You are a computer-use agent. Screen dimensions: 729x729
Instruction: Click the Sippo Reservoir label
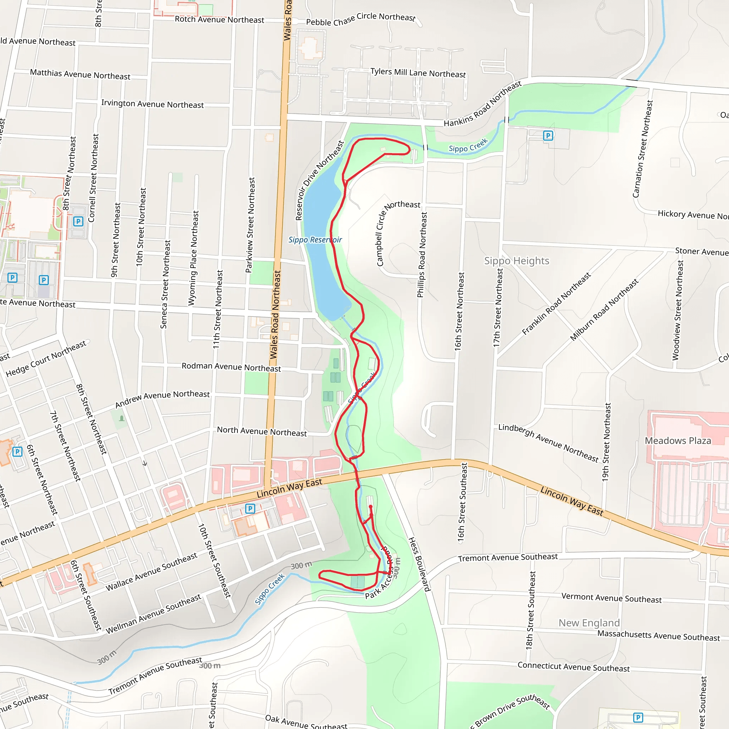tap(315, 240)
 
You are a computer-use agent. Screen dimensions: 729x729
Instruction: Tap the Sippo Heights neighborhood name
tap(516, 261)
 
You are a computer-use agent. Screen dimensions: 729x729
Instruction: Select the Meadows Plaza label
tap(678, 441)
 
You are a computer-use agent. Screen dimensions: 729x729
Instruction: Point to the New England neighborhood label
tap(589, 623)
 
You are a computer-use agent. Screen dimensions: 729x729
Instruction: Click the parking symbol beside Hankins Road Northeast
tap(548, 136)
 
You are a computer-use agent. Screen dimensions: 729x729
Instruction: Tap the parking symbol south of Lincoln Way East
tap(250, 509)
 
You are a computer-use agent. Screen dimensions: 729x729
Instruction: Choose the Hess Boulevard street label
tap(419, 564)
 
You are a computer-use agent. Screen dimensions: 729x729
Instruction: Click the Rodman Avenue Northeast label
tap(231, 367)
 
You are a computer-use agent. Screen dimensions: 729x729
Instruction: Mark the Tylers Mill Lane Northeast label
tap(418, 73)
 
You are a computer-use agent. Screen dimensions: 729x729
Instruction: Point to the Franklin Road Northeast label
tap(556, 304)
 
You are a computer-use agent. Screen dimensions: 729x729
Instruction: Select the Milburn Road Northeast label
tap(604, 310)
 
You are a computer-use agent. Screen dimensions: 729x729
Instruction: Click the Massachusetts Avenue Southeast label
tap(659, 636)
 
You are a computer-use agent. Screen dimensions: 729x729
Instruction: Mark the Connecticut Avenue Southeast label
tap(573, 667)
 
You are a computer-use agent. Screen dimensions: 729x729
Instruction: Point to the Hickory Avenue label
tap(693, 215)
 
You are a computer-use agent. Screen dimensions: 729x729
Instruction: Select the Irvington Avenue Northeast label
tap(152, 104)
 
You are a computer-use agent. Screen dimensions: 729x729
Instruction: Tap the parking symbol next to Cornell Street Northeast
tap(78, 221)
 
